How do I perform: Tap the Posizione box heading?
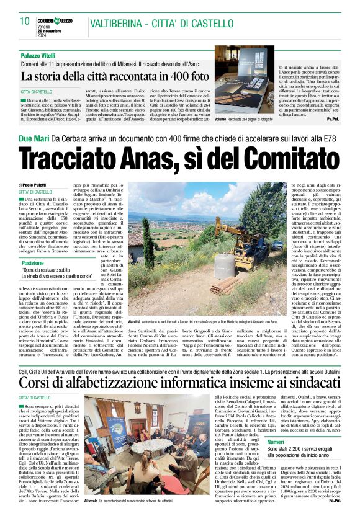tap(33, 263)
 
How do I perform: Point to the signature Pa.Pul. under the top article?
tap(334, 118)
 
